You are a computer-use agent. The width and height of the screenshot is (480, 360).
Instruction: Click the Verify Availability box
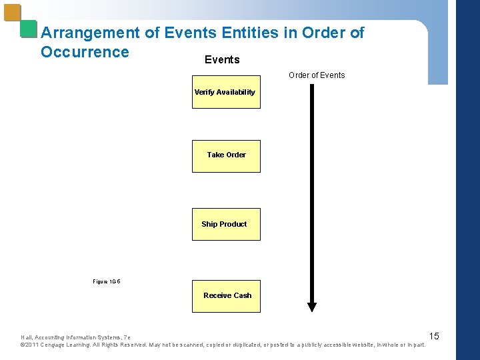(226, 92)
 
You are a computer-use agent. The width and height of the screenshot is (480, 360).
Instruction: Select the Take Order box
(226, 156)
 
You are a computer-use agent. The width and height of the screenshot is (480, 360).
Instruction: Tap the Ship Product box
(226, 225)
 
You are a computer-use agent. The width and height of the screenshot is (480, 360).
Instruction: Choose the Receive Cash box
(226, 296)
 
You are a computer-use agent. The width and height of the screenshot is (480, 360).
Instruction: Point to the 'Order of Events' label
(317, 75)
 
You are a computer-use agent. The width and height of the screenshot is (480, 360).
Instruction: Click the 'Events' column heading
(222, 60)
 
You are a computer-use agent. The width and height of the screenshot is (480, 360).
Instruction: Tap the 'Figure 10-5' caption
(107, 281)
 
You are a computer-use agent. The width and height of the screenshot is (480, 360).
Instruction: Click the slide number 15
(434, 336)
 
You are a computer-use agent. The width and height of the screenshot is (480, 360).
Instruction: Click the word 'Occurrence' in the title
(85, 52)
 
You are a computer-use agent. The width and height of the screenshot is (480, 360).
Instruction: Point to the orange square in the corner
(12, 13)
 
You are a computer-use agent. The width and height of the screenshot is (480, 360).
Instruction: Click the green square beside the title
(28, 29)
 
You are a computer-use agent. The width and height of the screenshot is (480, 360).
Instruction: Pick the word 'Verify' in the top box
(204, 92)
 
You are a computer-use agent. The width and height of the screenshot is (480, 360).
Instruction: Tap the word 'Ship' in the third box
(209, 224)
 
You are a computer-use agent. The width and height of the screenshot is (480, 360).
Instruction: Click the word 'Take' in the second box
(215, 155)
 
